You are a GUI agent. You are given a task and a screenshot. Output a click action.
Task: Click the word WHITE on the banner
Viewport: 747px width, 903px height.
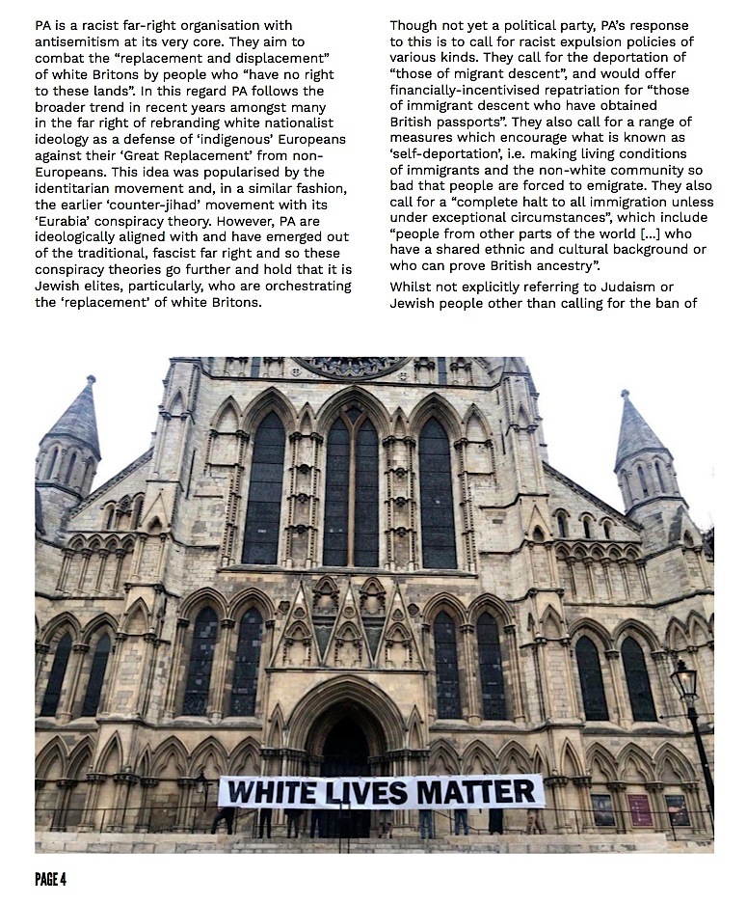pyautogui.click(x=271, y=793)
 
